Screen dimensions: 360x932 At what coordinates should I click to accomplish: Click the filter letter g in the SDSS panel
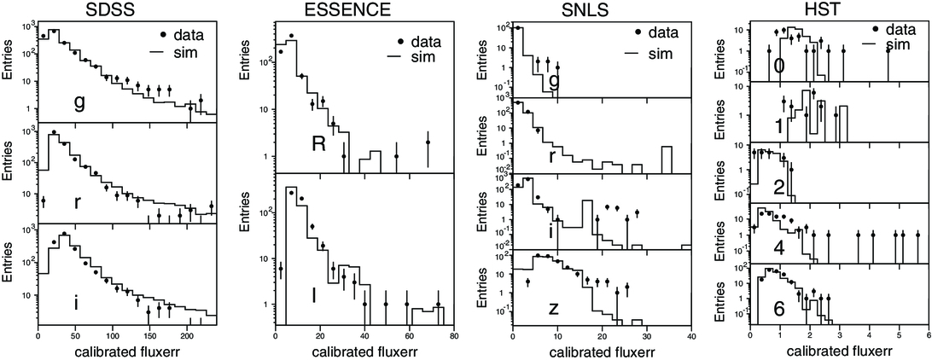point(79,102)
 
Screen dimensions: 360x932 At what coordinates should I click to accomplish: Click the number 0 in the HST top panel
point(778,66)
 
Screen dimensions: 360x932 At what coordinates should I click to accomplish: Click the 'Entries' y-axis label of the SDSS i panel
point(9,274)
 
